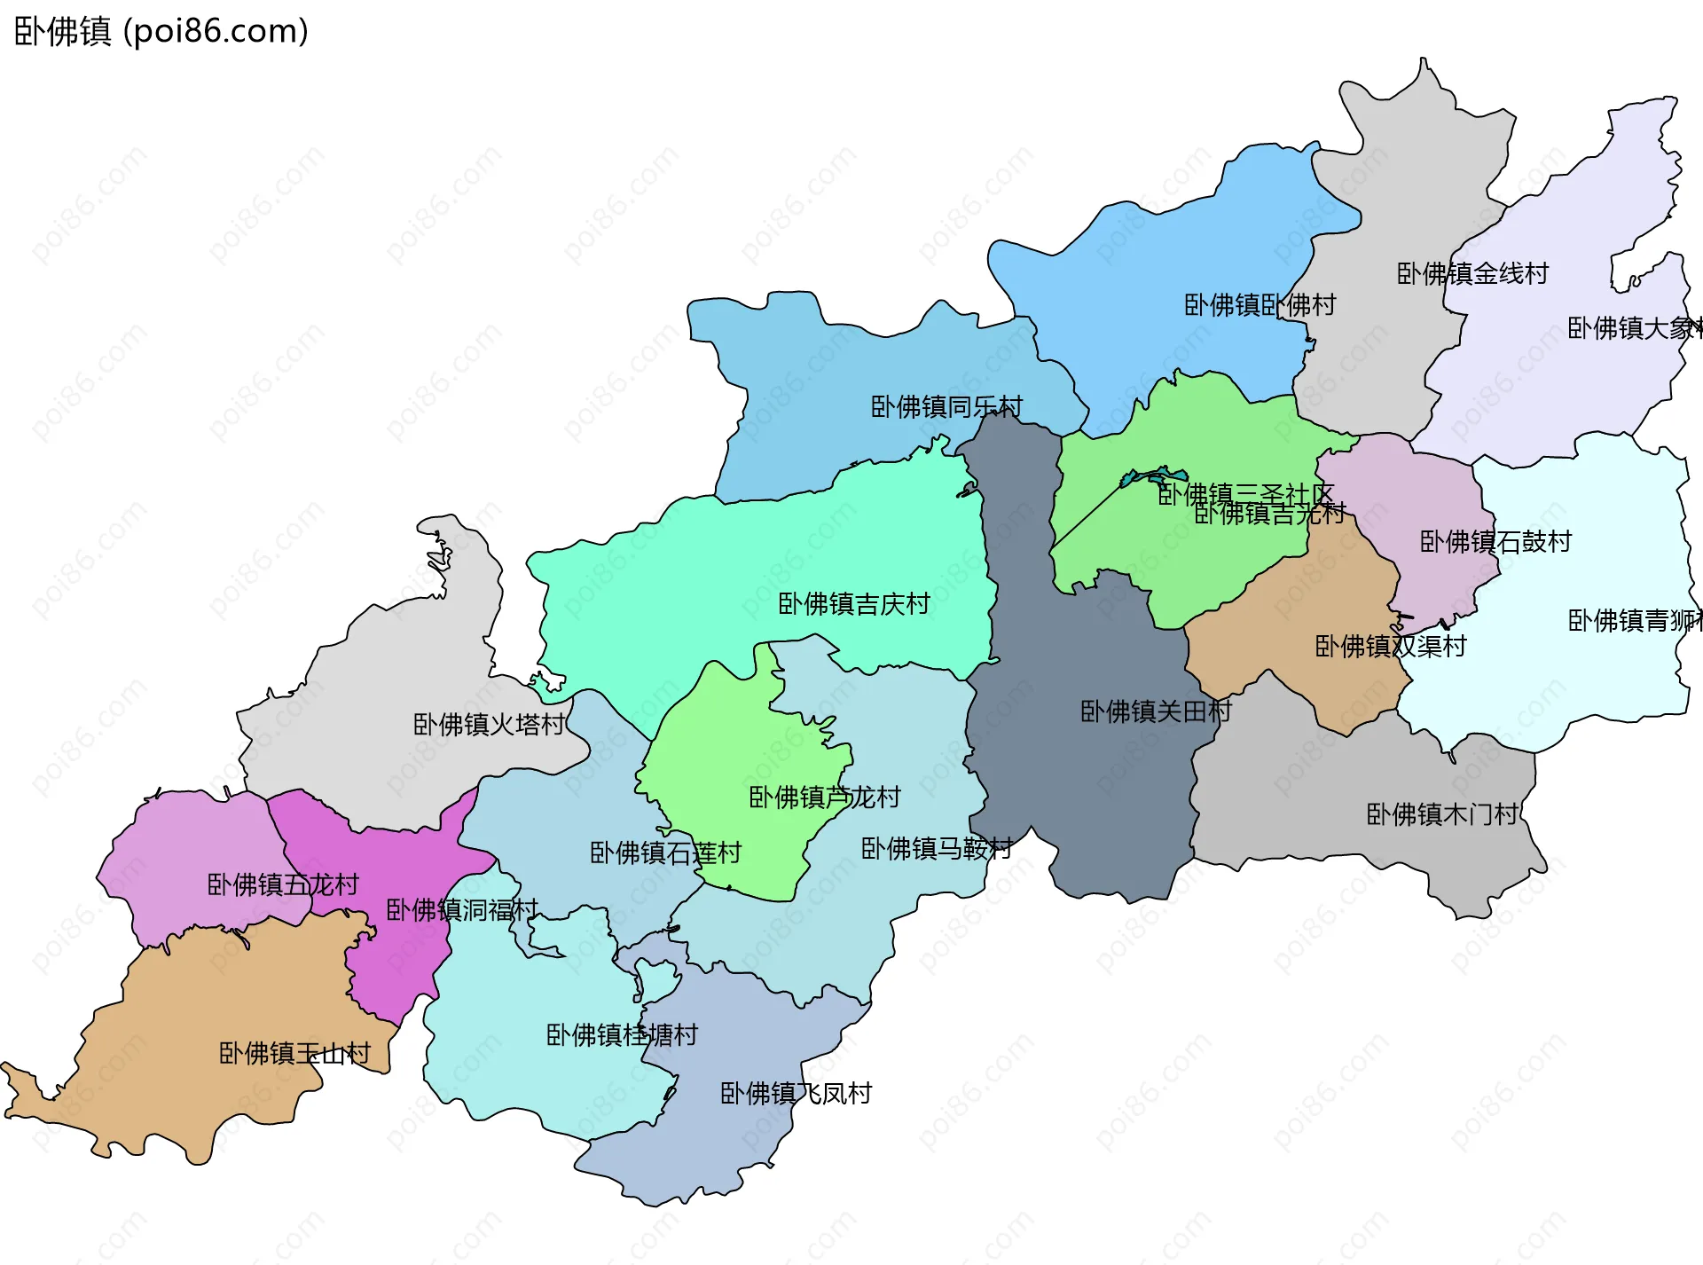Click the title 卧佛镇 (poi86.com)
click(x=161, y=31)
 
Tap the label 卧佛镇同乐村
click(x=946, y=407)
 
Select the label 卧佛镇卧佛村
click(x=1260, y=305)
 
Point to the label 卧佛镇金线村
click(x=1472, y=273)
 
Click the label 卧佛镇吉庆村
click(x=853, y=604)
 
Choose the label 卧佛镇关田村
click(x=1156, y=711)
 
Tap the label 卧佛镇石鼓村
click(x=1495, y=541)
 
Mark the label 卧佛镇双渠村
click(x=1390, y=646)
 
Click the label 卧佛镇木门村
click(x=1441, y=813)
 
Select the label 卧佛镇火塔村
click(x=489, y=725)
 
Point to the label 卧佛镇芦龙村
click(x=824, y=797)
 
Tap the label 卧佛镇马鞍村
click(x=937, y=848)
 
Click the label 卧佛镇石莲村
click(x=665, y=852)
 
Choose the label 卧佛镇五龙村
click(x=283, y=884)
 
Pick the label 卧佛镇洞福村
click(x=461, y=909)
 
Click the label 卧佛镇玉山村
click(x=294, y=1053)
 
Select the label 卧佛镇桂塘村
click(x=622, y=1034)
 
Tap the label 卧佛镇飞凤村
click(x=796, y=1093)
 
